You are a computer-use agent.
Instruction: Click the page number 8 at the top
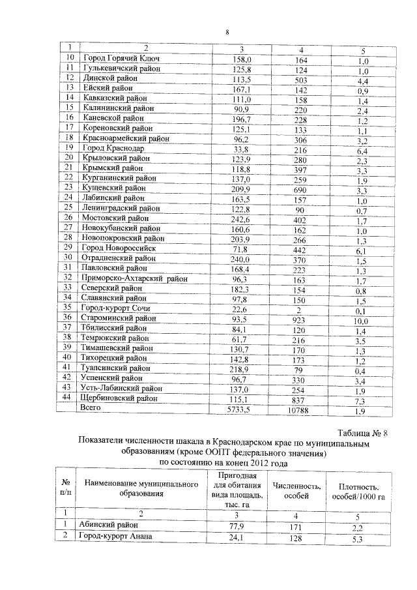[x=227, y=32]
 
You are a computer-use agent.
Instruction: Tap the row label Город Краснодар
[x=113, y=149]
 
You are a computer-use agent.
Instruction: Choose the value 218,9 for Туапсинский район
[x=242, y=369]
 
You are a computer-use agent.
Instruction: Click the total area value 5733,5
[x=242, y=409]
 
